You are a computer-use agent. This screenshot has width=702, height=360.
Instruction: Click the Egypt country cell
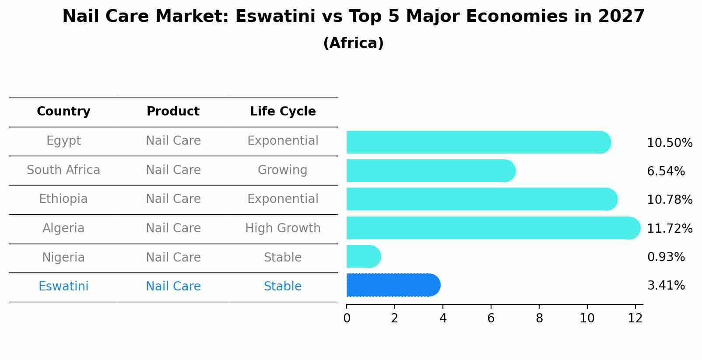pyautogui.click(x=63, y=141)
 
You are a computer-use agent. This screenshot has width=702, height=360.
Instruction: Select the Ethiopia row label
pyautogui.click(x=63, y=199)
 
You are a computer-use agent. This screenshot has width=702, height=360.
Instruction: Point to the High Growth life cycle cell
pyautogui.click(x=283, y=228)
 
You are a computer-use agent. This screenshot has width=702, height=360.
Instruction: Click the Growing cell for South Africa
pyautogui.click(x=283, y=170)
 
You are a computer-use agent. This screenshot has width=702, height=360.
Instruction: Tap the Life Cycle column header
pyautogui.click(x=283, y=112)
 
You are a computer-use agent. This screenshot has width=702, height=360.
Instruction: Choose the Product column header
pyautogui.click(x=173, y=112)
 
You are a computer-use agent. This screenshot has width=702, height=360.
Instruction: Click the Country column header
pyautogui.click(x=63, y=112)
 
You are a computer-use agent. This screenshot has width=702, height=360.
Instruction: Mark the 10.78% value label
pyautogui.click(x=670, y=200)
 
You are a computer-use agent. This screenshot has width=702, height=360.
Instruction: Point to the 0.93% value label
pyautogui.click(x=666, y=257)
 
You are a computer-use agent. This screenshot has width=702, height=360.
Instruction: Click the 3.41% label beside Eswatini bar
pyautogui.click(x=666, y=286)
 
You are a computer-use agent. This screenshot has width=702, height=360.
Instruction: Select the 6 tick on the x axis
pyautogui.click(x=491, y=318)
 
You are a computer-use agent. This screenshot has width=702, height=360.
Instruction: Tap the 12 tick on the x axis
pyautogui.click(x=635, y=318)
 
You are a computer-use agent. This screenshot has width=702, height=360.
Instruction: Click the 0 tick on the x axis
pyautogui.click(x=347, y=318)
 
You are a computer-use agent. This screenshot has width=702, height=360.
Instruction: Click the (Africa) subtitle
pyautogui.click(x=353, y=43)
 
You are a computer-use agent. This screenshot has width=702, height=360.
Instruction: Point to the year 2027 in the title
pyautogui.click(x=621, y=17)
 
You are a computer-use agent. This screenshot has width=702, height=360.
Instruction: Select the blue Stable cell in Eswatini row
pyautogui.click(x=283, y=287)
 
